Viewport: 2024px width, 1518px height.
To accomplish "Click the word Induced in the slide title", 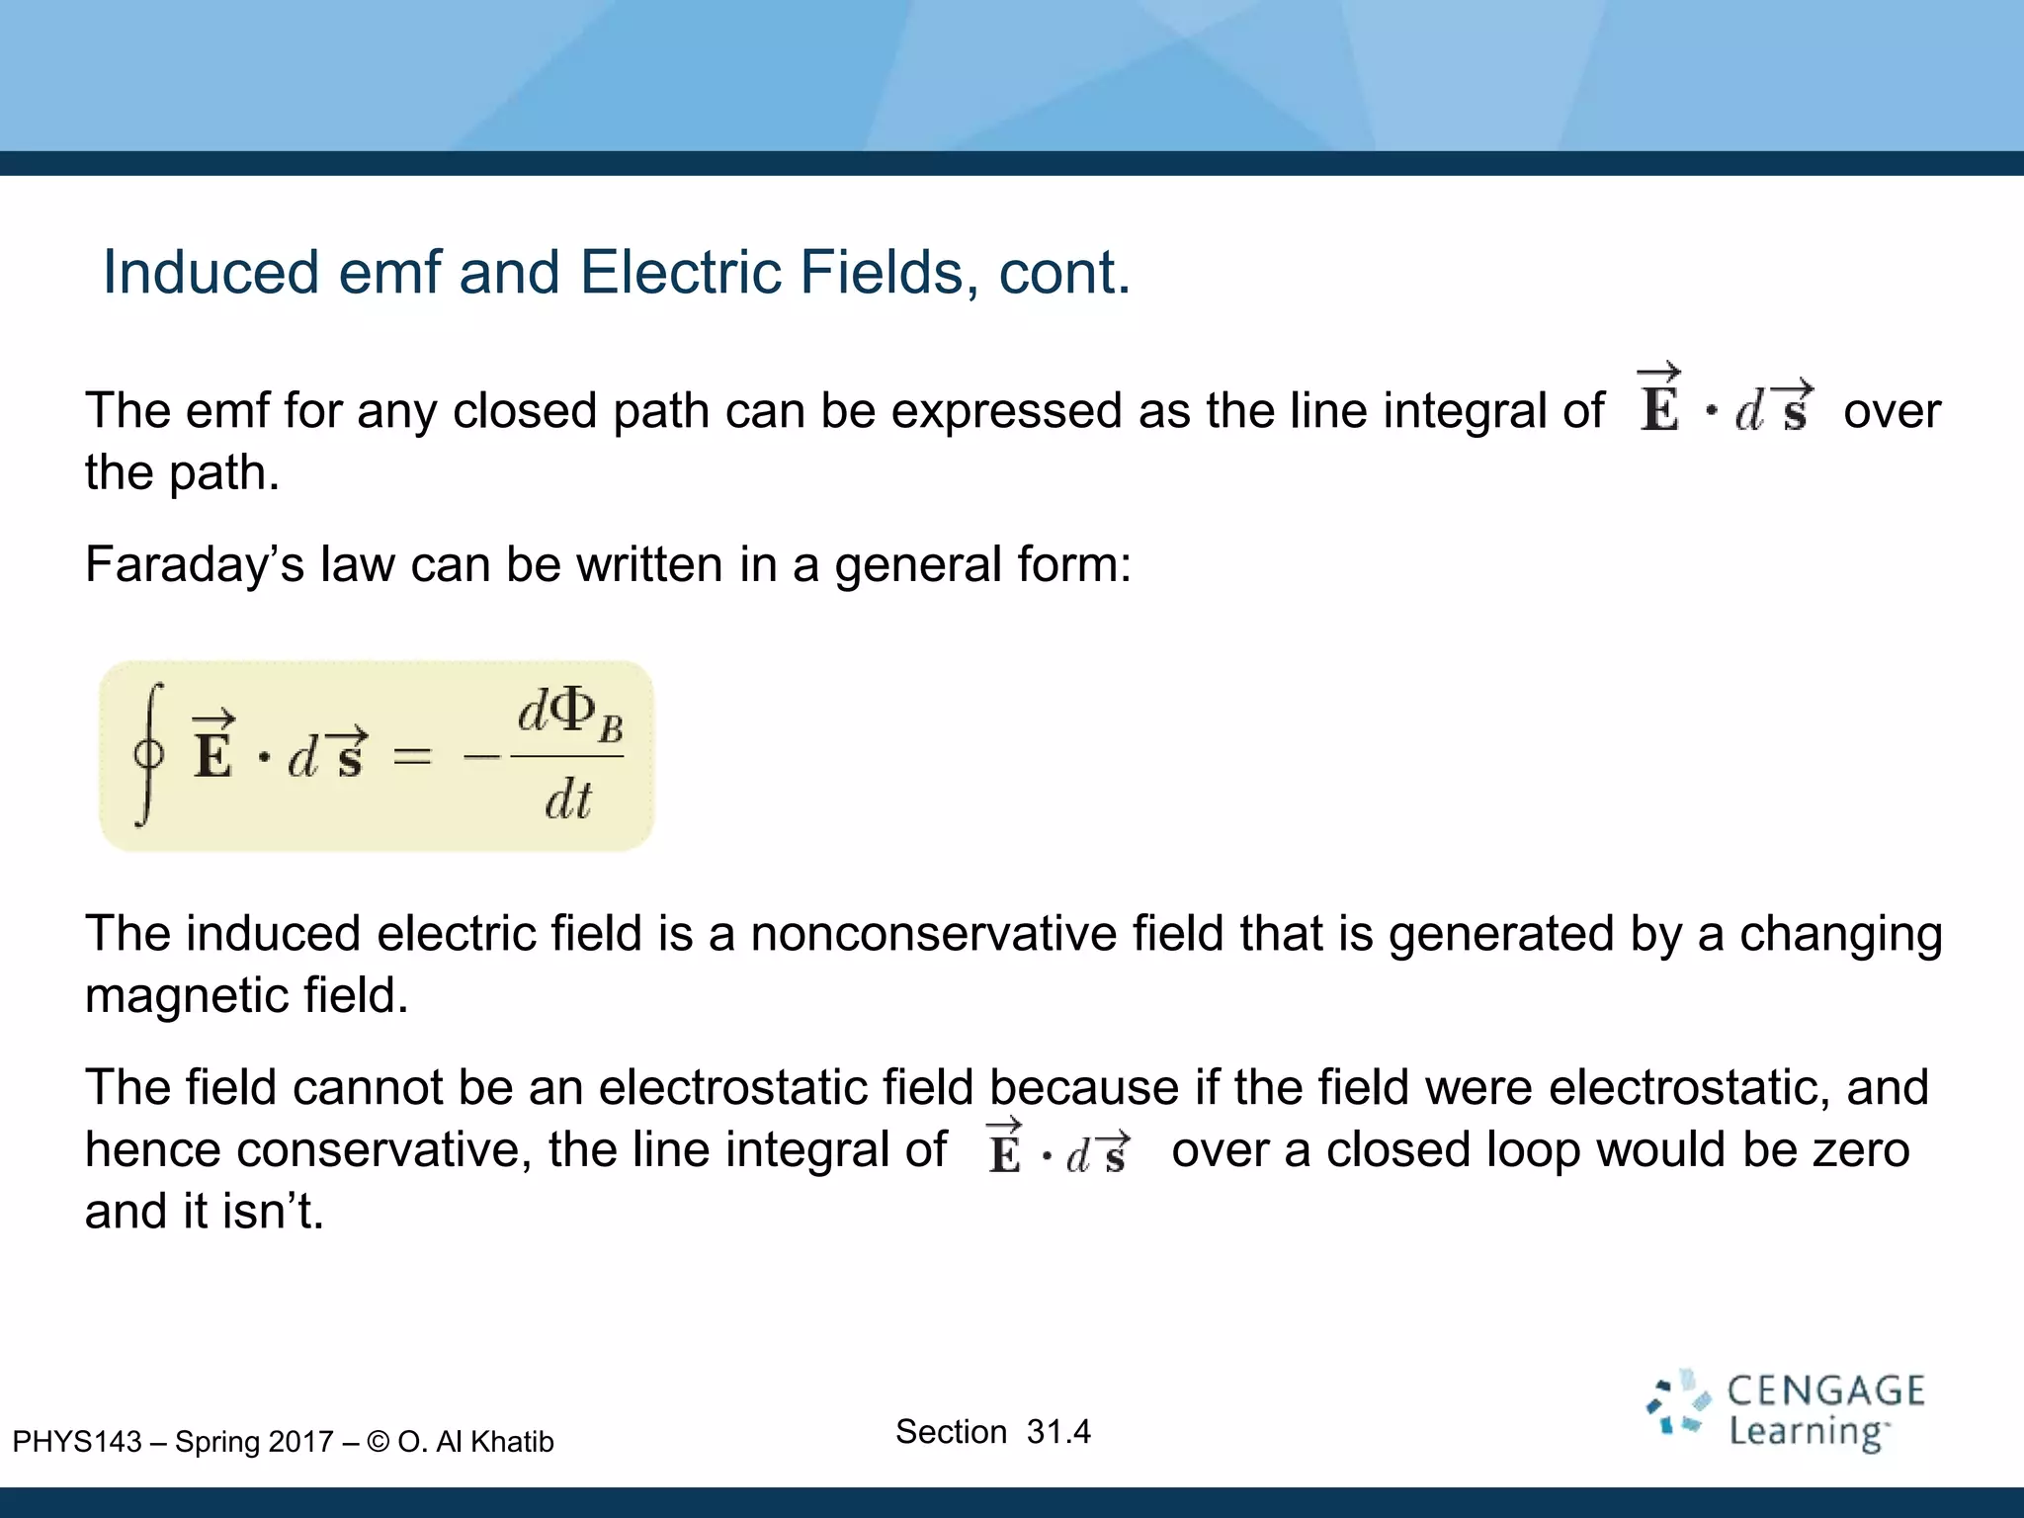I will point(211,272).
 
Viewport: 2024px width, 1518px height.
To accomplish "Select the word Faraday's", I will point(194,564).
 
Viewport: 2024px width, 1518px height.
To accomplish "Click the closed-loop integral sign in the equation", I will point(148,755).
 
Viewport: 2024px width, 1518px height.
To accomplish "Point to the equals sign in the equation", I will point(412,757).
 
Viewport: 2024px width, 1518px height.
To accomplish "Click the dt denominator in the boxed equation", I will point(568,800).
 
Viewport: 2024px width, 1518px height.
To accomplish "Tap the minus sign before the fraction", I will point(481,757).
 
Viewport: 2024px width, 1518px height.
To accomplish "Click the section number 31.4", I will point(1057,1431).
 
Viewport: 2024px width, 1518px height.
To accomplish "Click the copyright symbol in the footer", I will point(378,1442).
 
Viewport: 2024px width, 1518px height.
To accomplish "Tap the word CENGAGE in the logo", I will point(1825,1391).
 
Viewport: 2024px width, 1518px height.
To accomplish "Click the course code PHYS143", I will point(77,1442).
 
